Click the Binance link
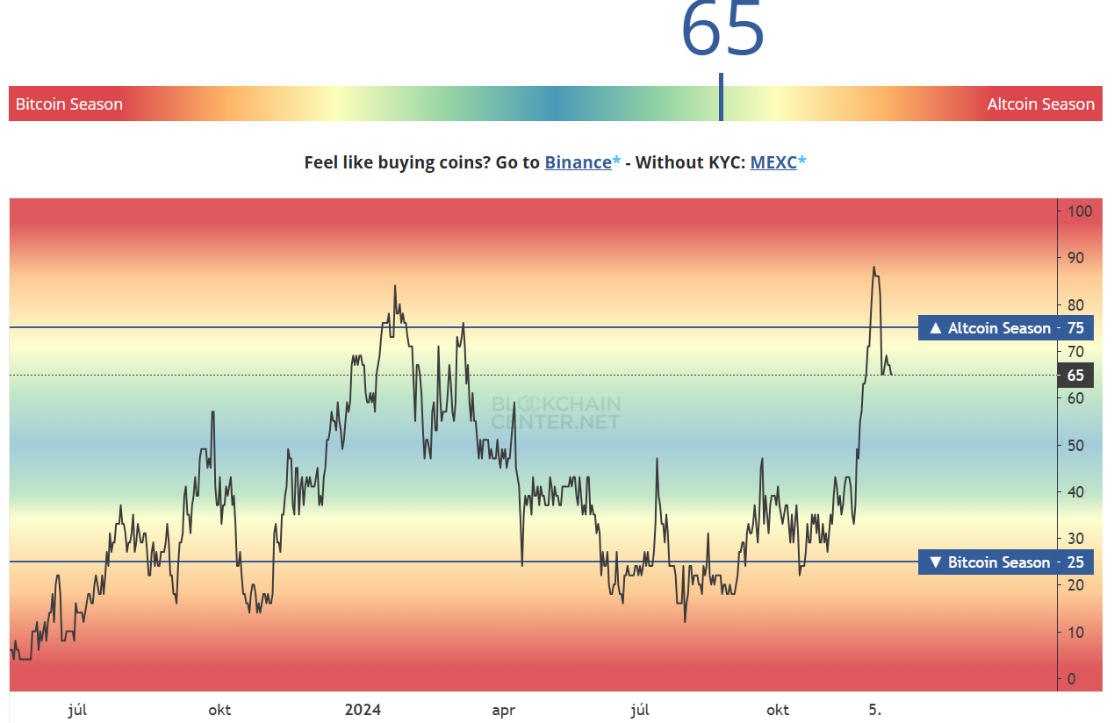578,162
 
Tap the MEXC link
773,162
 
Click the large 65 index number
722,31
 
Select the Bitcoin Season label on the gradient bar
69,104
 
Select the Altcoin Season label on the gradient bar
1040,104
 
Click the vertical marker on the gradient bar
721,98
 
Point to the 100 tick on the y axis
1079,211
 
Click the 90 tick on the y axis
1075,258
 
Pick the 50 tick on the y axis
1075,445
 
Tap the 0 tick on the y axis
1072,679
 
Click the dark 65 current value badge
1075,376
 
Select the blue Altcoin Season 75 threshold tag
1006,328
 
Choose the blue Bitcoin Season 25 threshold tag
1006,562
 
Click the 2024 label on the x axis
363,710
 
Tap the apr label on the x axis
503,710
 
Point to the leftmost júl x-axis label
77,710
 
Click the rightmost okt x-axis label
778,710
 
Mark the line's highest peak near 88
873,268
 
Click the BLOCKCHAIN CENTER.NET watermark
555,412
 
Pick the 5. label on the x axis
874,710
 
